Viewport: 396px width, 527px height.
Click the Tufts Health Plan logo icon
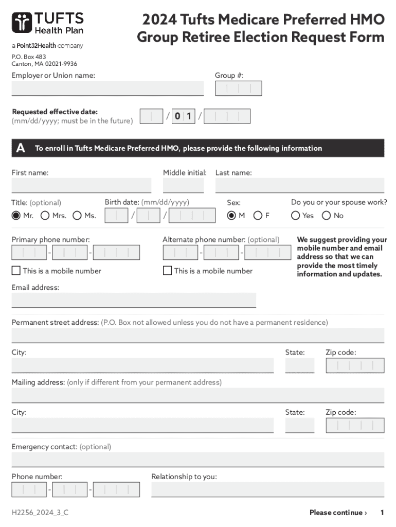pyautogui.click(x=22, y=23)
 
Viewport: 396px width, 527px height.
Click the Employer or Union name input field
pyautogui.click(x=107, y=89)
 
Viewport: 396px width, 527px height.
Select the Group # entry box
pyautogui.click(x=239, y=89)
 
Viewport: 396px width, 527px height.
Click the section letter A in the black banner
pyautogui.click(x=20, y=148)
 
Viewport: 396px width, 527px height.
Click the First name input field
pyautogui.click(x=81, y=185)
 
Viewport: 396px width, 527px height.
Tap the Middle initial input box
pyautogui.click(x=183, y=185)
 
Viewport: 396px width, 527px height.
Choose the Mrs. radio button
pyautogui.click(x=45, y=216)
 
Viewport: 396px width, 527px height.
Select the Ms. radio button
pyautogui.click(x=77, y=216)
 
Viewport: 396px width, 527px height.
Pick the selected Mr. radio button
pyautogui.click(x=16, y=216)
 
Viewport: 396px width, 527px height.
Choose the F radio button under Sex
pyautogui.click(x=258, y=216)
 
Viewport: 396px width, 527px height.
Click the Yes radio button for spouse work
pyautogui.click(x=296, y=216)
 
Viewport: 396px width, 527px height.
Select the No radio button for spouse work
pyautogui.click(x=327, y=216)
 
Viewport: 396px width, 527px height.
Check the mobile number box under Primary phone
pyautogui.click(x=16, y=271)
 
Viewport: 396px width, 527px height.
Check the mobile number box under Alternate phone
pyautogui.click(x=168, y=271)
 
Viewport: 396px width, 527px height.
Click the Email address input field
pyautogui.click(x=134, y=300)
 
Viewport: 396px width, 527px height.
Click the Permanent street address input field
pyautogui.click(x=197, y=335)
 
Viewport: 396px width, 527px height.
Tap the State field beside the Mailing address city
pyautogui.click(x=299, y=426)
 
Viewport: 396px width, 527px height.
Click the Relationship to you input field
pyautogui.click(x=267, y=489)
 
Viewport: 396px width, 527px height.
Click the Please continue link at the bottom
pyautogui.click(x=338, y=513)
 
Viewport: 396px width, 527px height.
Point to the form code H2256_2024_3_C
pyautogui.click(x=40, y=513)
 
